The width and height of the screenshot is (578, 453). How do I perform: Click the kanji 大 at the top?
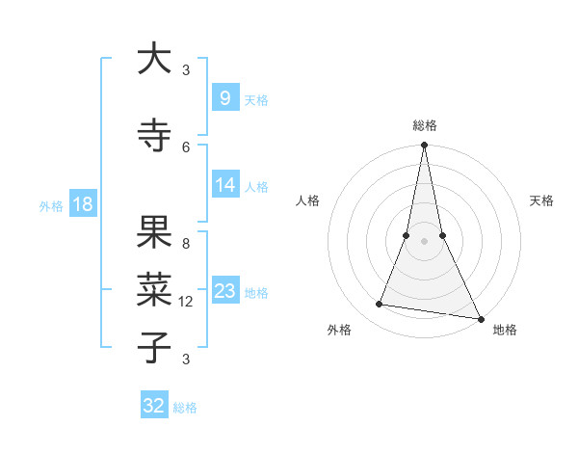point(154,59)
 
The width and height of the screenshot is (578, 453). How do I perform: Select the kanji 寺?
point(154,135)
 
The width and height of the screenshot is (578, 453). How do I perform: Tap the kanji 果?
point(154,231)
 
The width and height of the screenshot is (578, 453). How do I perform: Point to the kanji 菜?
point(154,289)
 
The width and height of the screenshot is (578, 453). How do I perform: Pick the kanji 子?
point(154,347)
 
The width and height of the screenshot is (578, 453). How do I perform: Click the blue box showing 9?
point(224,97)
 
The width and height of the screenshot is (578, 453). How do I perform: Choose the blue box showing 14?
point(224,185)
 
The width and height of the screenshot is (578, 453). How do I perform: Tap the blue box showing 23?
point(224,291)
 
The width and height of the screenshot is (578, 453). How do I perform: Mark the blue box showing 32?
point(154,406)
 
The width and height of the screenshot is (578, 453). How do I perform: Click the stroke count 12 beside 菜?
point(186,302)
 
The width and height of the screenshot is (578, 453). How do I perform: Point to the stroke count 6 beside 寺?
point(186,147)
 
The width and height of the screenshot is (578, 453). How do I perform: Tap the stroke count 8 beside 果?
point(186,244)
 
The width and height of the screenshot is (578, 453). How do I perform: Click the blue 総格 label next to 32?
point(185,408)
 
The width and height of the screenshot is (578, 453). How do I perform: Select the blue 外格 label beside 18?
point(50,205)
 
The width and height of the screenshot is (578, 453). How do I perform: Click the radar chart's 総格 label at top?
point(424,125)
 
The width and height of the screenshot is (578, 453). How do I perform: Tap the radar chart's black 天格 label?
point(541,200)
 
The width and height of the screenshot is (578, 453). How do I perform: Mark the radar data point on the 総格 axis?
point(424,146)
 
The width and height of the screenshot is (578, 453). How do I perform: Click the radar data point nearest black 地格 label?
point(480,318)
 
